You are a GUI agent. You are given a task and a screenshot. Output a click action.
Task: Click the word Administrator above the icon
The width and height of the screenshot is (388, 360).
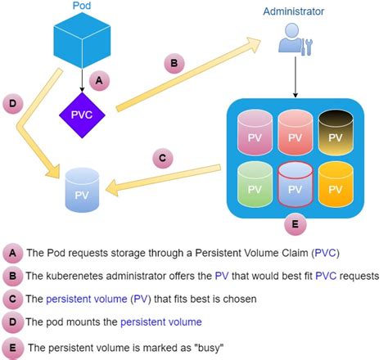[292, 11]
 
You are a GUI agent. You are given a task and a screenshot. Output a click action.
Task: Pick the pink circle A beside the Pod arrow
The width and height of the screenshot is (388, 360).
[101, 80]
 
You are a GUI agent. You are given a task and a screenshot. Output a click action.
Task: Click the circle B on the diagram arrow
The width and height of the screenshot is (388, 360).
[174, 63]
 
